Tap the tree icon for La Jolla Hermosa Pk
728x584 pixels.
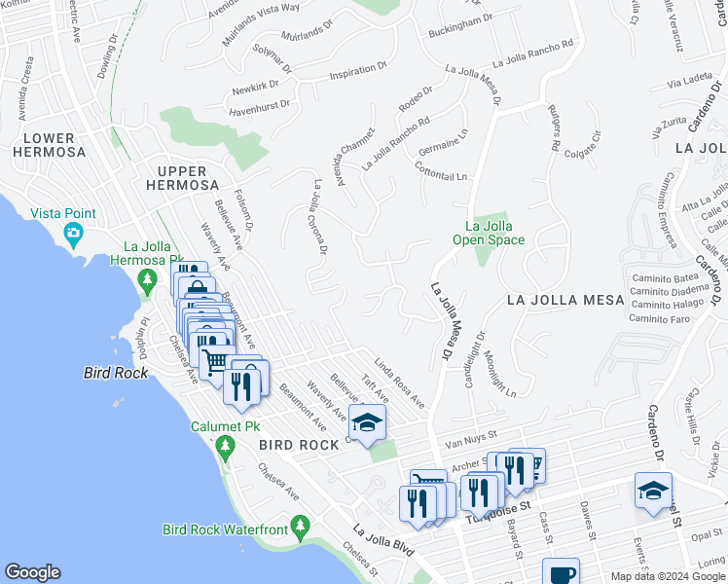(148, 282)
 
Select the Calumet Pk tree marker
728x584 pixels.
(226, 448)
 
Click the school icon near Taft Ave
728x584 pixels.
(366, 422)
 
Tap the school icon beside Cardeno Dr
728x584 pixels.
(652, 490)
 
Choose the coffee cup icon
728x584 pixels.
(561, 573)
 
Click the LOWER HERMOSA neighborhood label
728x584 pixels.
(50, 145)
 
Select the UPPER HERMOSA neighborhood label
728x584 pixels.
(182, 177)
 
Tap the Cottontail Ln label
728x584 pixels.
(442, 171)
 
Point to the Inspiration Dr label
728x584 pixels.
(352, 72)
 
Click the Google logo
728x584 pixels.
(33, 572)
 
